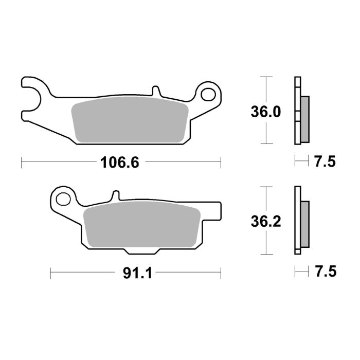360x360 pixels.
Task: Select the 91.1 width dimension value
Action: [136, 274]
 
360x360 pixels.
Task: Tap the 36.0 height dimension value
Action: [265, 112]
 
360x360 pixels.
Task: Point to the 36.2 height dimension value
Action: [265, 221]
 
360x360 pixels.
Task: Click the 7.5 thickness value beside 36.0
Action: [324, 163]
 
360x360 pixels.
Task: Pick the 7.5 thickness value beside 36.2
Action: [324, 272]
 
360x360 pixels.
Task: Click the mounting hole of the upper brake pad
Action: [209, 94]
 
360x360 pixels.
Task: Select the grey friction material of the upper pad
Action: [128, 120]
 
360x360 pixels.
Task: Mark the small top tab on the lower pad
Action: [116, 196]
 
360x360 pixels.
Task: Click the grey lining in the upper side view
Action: [304, 119]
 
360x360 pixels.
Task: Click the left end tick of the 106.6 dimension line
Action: [21, 163]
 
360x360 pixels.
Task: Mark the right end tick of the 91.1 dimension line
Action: [221, 273]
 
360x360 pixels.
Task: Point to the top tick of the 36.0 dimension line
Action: [265, 77]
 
